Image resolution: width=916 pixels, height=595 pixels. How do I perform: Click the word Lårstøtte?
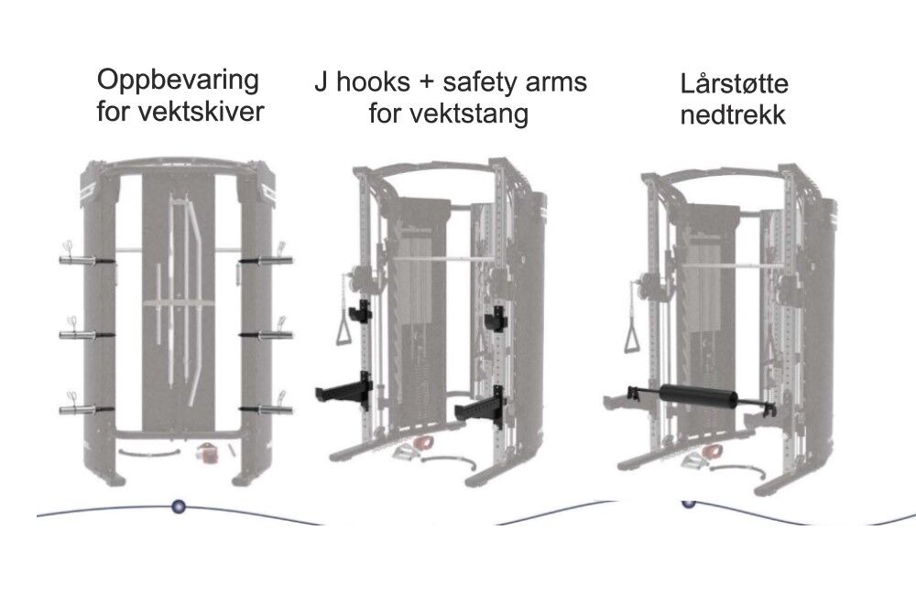click(x=734, y=84)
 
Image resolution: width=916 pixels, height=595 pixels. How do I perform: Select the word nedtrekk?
click(x=734, y=116)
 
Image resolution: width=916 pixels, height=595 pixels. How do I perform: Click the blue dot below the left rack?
click(x=178, y=505)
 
